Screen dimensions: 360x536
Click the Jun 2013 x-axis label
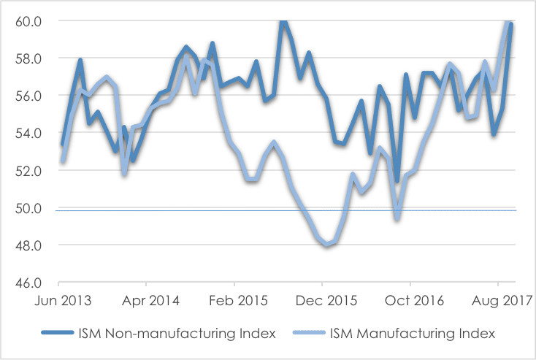(58, 299)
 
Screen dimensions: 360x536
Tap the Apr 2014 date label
(146, 299)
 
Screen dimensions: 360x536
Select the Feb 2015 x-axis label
(234, 299)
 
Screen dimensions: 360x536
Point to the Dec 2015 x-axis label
(322, 299)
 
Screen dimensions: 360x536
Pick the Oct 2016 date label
(410, 299)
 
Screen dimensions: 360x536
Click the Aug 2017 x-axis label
(498, 299)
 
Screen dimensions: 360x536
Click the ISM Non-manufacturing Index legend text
(176, 334)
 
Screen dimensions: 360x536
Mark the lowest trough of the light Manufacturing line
(328, 245)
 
